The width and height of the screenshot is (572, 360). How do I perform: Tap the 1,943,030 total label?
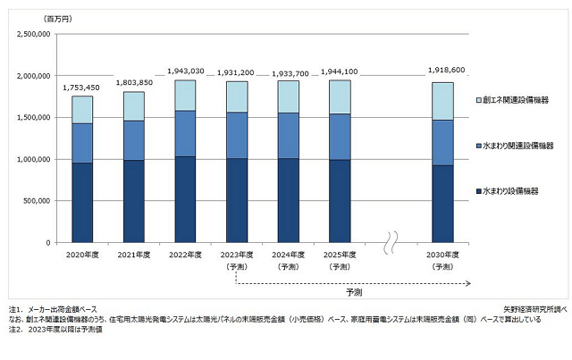[185, 71]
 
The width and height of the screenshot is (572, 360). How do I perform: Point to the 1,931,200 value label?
[237, 71]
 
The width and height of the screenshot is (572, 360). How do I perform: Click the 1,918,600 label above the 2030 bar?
[443, 72]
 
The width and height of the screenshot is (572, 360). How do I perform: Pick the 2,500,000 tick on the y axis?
[33, 34]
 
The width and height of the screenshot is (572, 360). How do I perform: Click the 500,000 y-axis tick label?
[37, 201]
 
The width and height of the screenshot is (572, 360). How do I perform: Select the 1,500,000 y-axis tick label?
[33, 117]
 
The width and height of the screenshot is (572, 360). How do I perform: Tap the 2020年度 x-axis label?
[81, 255]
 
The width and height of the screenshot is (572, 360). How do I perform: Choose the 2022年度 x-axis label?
[185, 255]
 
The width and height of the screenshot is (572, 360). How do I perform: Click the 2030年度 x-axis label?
[443, 255]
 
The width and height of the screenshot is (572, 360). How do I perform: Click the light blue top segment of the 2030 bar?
[443, 101]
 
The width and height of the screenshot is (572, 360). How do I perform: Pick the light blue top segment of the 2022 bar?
[185, 96]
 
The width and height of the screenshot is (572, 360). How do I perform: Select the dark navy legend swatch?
[478, 191]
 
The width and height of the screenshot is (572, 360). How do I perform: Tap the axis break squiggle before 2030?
[391, 242]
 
